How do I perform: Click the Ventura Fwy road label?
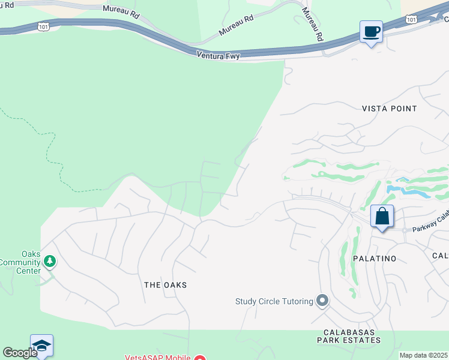(x=218, y=56)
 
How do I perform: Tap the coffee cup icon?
(x=371, y=31)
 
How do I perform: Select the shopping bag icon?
(x=382, y=217)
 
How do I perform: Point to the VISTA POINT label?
(x=389, y=109)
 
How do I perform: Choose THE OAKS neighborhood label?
(x=166, y=285)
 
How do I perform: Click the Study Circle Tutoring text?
(x=274, y=301)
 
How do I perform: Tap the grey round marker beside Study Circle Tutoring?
(x=322, y=300)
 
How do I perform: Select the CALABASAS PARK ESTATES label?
(x=352, y=336)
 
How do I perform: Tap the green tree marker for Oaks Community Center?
(x=50, y=261)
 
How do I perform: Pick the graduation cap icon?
(x=41, y=346)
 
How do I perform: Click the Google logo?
(x=19, y=353)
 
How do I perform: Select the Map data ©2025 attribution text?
(x=423, y=355)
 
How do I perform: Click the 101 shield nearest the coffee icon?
(x=411, y=20)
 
